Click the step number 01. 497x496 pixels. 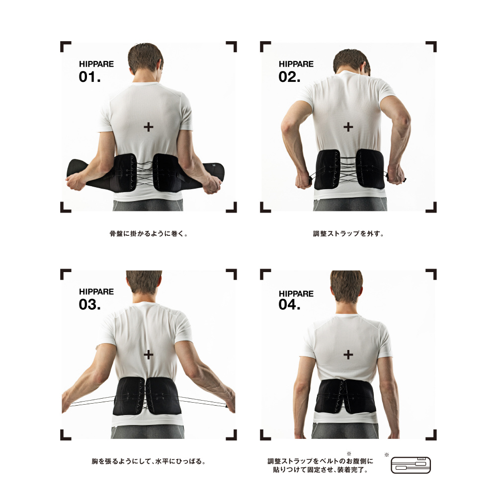(x=89, y=77)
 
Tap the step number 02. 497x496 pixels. (x=289, y=77)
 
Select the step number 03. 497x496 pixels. (x=89, y=305)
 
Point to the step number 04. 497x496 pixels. (x=289, y=305)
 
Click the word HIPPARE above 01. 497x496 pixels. (x=96, y=64)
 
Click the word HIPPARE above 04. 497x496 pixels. (x=296, y=293)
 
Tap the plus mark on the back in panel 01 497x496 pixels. (x=148, y=127)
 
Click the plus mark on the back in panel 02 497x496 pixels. (x=348, y=127)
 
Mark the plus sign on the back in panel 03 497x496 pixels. (x=148, y=354)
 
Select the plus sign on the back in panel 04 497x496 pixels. (x=348, y=354)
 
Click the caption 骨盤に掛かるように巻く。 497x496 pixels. (x=149, y=234)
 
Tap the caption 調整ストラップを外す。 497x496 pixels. (x=348, y=234)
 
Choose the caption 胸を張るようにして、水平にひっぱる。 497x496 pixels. (x=149, y=461)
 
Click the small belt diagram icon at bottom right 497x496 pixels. (x=411, y=465)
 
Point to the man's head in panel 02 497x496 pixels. (x=352, y=62)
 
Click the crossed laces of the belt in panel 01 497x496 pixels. (x=145, y=173)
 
